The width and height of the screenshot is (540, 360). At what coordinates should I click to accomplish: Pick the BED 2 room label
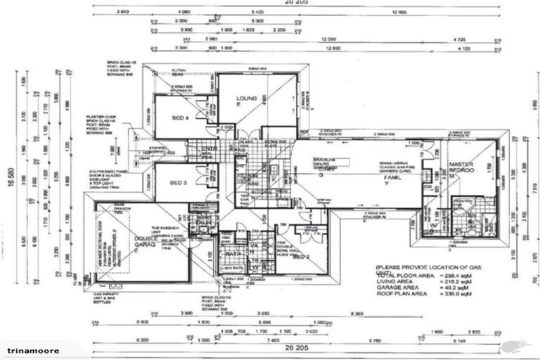(x=302, y=257)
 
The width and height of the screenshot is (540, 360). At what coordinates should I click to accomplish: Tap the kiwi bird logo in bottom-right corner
(x=518, y=345)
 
